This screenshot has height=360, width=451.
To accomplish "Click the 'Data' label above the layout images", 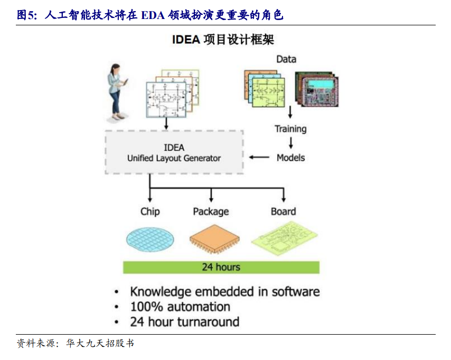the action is point(286,59).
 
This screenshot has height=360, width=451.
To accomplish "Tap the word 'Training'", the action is point(290,129).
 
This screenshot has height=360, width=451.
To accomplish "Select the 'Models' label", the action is point(291,158).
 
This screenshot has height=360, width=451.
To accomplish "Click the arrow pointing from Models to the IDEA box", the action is point(259,157).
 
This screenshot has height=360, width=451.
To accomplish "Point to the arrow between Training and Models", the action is point(291,143).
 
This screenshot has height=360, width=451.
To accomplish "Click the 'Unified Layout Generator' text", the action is point(174,158).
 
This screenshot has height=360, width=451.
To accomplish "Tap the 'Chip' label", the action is point(150,212).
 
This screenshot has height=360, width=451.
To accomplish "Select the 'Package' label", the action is point(211,212).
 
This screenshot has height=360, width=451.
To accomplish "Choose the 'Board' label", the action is point(283,212).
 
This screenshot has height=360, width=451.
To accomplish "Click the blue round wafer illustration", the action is point(150,239).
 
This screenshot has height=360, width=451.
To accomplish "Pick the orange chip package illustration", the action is point(214,239).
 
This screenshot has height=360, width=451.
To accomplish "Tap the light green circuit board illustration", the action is point(285,238).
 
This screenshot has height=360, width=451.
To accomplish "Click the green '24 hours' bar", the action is point(221,267).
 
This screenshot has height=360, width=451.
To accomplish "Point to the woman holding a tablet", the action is point(117,92).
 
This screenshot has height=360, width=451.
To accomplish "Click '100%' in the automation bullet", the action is point(147,307).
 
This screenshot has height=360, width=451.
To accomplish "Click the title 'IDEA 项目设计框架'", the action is point(223,40).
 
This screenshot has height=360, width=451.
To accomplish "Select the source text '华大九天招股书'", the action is point(100,343).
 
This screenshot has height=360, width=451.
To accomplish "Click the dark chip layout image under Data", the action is point(317,89).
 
